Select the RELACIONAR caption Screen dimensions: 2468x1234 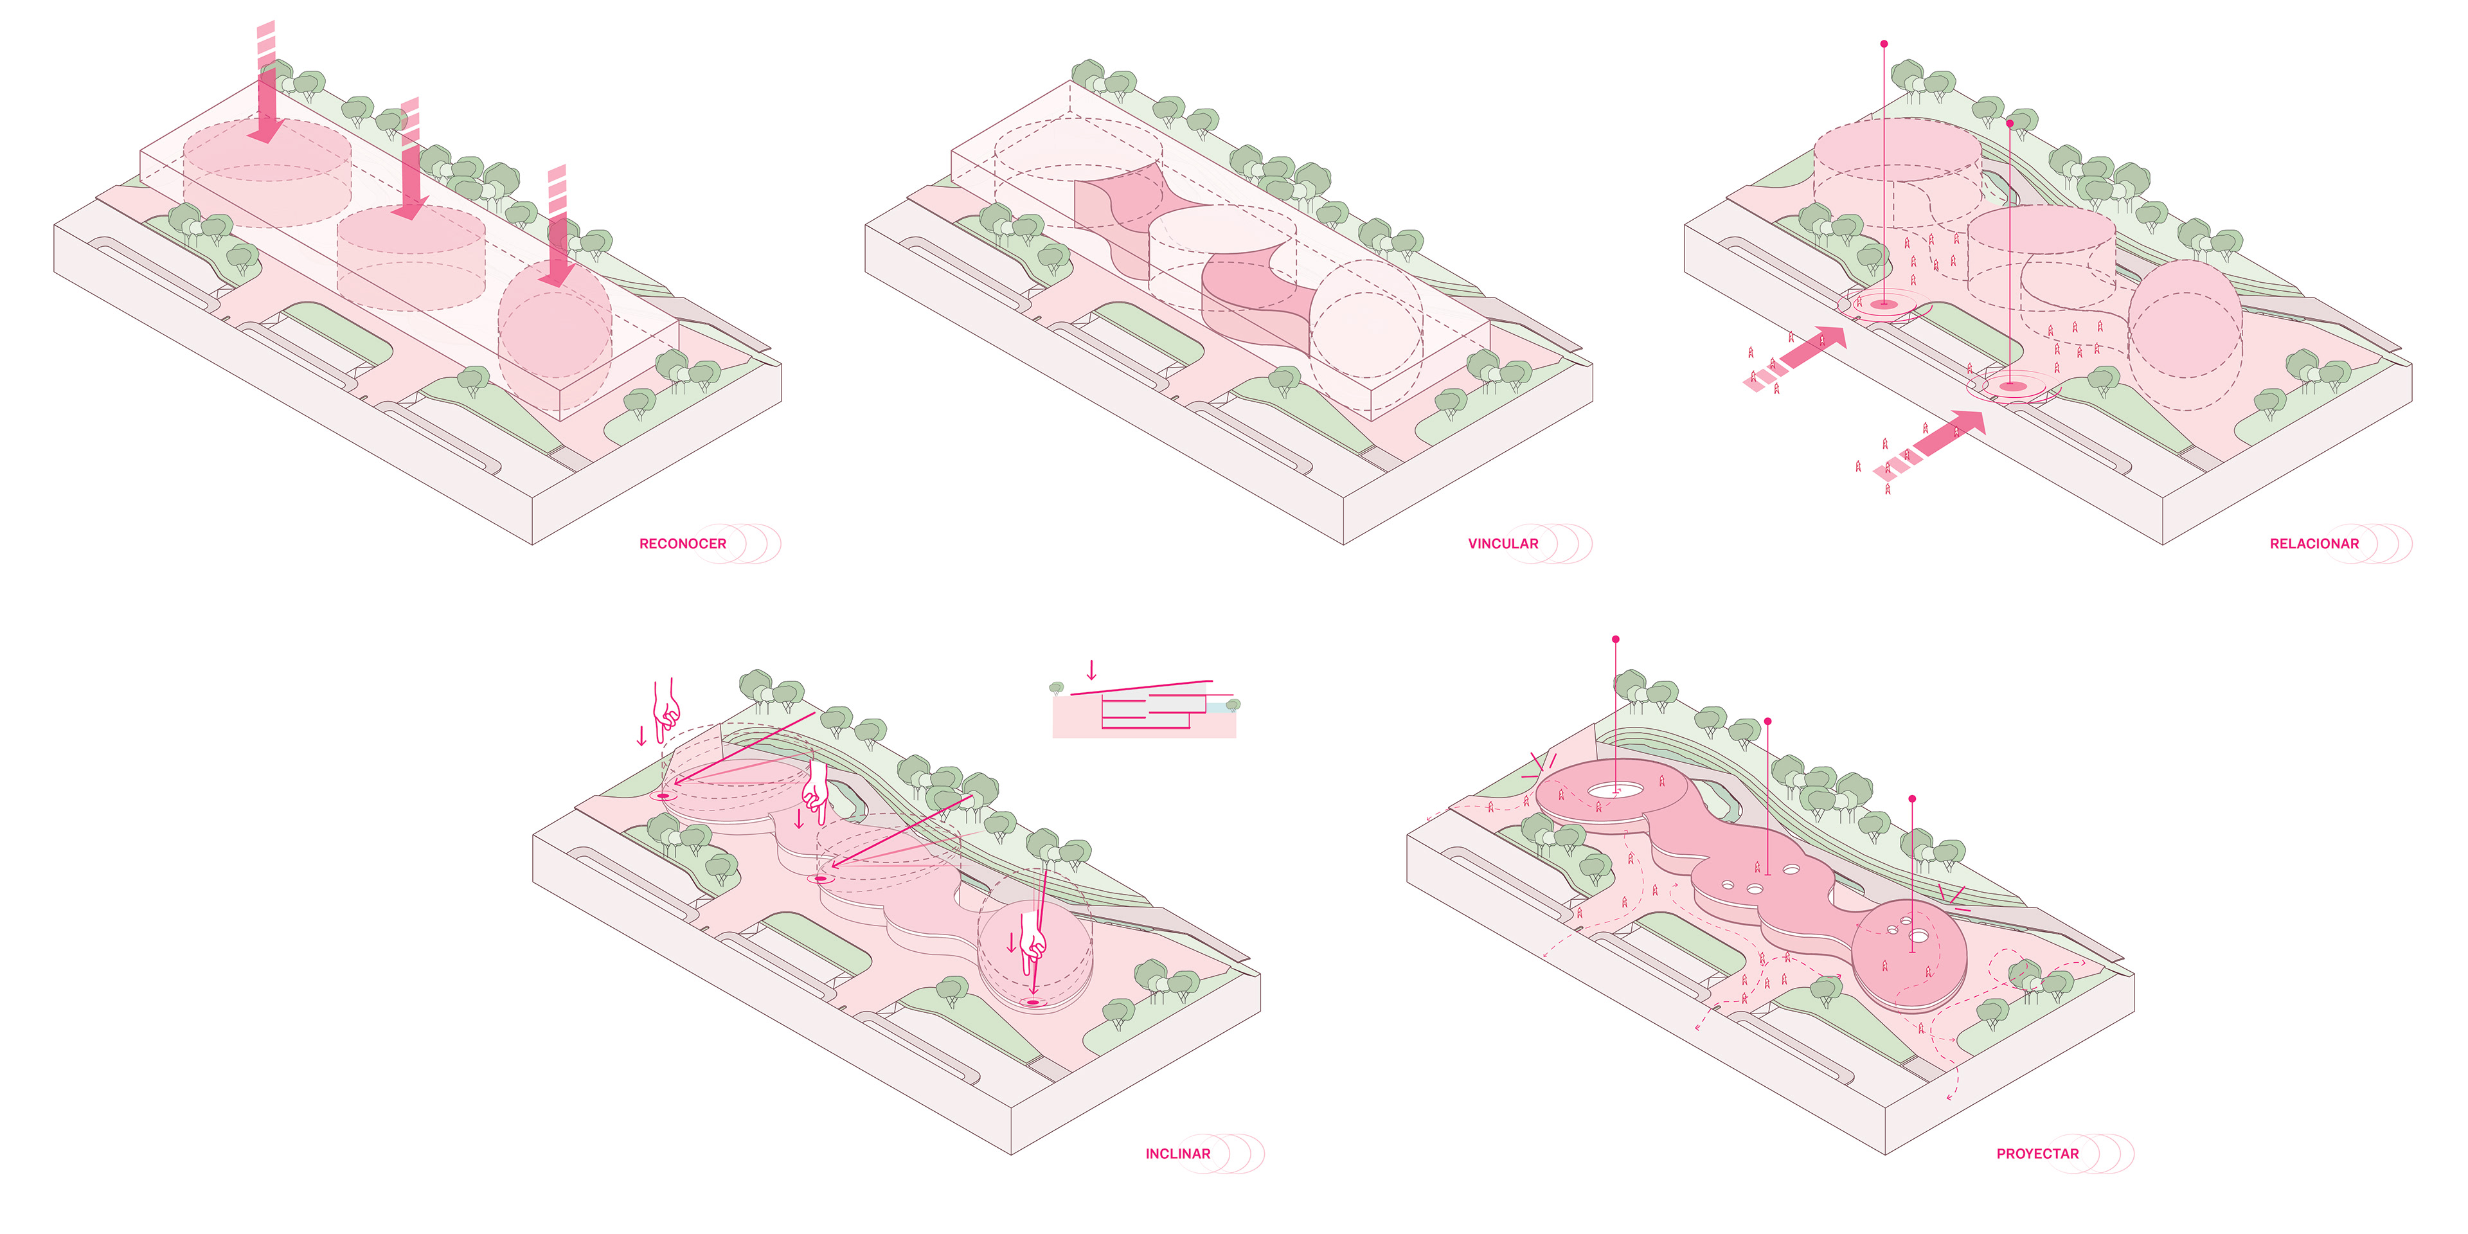[2314, 543]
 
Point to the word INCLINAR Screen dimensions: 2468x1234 [1177, 1154]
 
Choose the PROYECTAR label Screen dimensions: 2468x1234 [2037, 1154]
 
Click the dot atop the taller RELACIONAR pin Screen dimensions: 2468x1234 [1884, 44]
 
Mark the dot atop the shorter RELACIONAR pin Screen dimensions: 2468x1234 [2010, 123]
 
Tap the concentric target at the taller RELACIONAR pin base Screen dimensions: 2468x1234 [1884, 305]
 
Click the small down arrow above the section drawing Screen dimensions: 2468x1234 [1090, 670]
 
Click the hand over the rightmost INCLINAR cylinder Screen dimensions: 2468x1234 [1032, 943]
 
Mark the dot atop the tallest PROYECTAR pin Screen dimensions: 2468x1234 [1615, 639]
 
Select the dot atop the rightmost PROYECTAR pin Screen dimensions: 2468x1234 [1912, 798]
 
